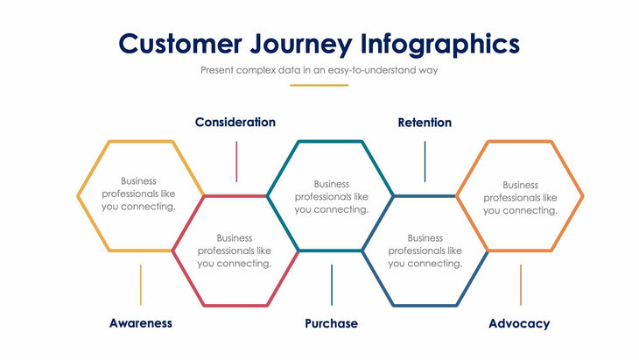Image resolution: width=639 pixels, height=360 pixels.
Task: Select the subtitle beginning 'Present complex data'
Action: coord(319,70)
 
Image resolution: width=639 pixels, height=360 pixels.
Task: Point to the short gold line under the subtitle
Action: coord(319,85)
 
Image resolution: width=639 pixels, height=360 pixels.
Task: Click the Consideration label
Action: coord(235,123)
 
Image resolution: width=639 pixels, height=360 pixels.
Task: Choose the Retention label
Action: coord(425,123)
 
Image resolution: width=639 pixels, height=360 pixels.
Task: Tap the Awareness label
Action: coord(141,323)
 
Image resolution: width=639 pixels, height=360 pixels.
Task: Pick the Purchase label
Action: coord(331,323)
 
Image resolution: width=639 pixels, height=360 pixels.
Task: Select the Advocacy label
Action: coord(519,323)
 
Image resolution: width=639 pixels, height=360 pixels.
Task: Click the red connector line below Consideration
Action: coord(235,161)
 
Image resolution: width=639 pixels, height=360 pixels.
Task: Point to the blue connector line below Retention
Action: coord(425,161)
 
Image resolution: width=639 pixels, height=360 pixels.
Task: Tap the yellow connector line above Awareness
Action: coord(141,285)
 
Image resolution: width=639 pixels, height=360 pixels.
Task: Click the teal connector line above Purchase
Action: coord(331,285)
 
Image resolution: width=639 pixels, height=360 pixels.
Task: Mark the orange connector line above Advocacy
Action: coord(521,285)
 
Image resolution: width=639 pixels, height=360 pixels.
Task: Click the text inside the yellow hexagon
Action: coord(139,194)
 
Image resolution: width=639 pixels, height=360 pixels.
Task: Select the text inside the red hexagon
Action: coord(235,251)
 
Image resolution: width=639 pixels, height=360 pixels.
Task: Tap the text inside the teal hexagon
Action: coord(331,197)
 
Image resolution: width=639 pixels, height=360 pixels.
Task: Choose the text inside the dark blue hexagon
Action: coord(425,251)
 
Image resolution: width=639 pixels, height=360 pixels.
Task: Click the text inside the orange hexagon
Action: coord(520,198)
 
